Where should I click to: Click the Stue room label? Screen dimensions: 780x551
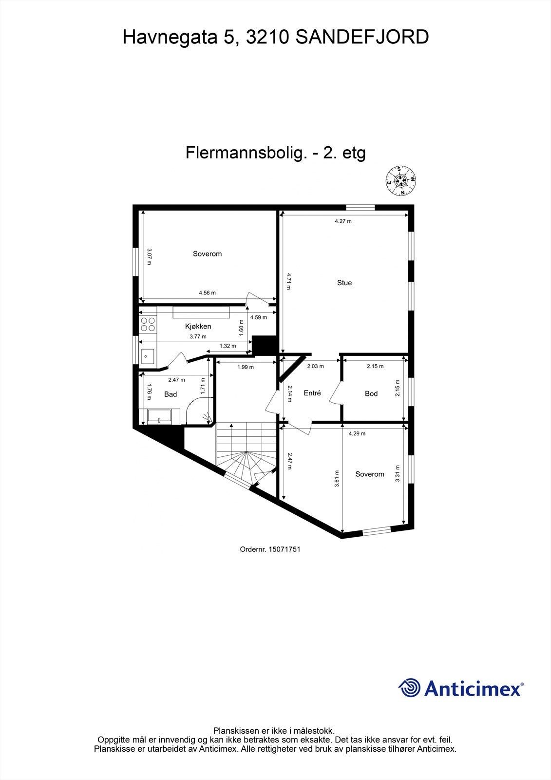point(344,283)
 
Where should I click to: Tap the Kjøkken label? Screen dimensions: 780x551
point(198,326)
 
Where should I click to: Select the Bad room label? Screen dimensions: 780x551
point(171,394)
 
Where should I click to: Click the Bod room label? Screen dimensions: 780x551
point(371,393)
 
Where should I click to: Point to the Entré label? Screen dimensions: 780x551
point(312,392)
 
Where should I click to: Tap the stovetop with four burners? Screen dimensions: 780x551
point(148,324)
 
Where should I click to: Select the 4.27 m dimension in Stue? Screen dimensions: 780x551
point(343,221)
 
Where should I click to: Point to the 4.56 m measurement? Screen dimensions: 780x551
point(207,293)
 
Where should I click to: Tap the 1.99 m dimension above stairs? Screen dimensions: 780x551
point(245,367)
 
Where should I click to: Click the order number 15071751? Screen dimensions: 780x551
point(270,549)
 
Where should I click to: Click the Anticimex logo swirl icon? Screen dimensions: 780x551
point(409,688)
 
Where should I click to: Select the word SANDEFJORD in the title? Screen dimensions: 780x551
point(362,37)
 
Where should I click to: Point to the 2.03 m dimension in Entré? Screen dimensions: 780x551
point(315,366)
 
